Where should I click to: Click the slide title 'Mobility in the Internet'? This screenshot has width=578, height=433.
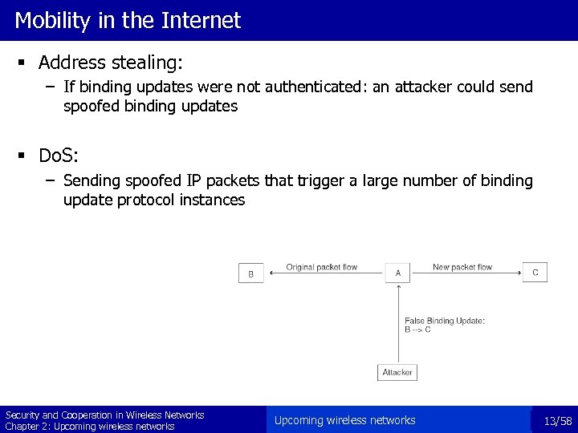(128, 20)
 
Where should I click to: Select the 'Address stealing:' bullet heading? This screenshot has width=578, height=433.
(111, 63)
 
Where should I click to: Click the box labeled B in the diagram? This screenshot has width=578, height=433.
(250, 273)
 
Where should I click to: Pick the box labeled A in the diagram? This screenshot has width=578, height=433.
(397, 273)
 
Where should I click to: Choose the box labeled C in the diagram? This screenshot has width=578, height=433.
(535, 273)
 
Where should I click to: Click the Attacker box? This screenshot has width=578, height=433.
(397, 372)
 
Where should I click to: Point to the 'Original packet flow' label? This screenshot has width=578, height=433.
(322, 267)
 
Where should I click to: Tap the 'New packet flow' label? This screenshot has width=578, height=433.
(462, 267)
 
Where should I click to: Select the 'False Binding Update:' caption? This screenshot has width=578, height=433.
(444, 321)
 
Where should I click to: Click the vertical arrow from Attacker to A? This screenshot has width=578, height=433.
(397, 325)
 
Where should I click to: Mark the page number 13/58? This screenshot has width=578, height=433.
(556, 421)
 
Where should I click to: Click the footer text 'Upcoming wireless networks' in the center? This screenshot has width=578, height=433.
(344, 420)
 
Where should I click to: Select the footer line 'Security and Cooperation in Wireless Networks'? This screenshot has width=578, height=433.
(105, 415)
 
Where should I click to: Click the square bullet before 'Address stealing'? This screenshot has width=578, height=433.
(25, 63)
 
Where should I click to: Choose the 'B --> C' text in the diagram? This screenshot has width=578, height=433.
(417, 330)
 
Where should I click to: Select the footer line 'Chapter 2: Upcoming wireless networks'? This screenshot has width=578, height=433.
(90, 426)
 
